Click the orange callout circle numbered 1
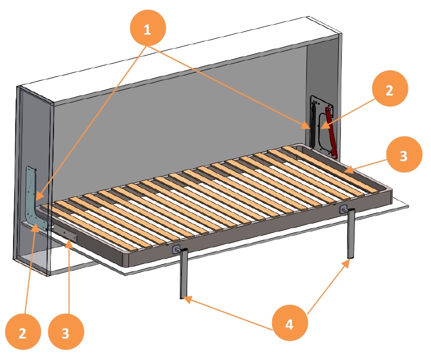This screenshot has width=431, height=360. (x=147, y=28)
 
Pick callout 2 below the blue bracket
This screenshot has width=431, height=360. (x=23, y=332)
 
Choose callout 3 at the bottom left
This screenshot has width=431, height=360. (x=67, y=332)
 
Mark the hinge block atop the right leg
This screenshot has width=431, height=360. (x=343, y=209)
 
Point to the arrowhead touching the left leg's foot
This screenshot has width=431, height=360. (x=186, y=298)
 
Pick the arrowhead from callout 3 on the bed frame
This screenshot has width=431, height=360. (x=345, y=171)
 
